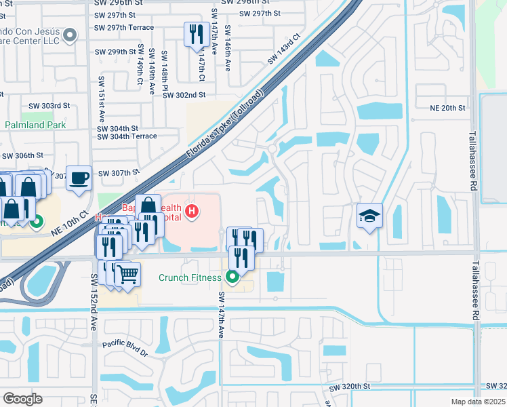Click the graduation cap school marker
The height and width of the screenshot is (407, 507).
[x=369, y=216]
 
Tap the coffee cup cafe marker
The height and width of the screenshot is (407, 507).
[x=79, y=178]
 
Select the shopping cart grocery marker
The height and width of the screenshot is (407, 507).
[x=127, y=275]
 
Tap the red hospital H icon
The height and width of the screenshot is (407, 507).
[x=192, y=212]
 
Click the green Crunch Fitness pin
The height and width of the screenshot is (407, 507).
[x=233, y=277]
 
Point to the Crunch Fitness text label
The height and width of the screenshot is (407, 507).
[x=190, y=277]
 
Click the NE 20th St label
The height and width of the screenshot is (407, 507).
[x=448, y=108]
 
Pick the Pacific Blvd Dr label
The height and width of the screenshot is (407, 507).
[x=125, y=349]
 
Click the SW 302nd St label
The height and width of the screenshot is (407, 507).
[x=184, y=96]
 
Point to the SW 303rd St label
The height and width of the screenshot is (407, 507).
[x=49, y=106]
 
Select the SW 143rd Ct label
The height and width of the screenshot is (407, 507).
[x=283, y=50]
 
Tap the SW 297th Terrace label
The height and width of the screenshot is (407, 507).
[x=125, y=28]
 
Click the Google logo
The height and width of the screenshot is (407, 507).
[x=22, y=399]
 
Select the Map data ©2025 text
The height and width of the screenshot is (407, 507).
[x=478, y=402]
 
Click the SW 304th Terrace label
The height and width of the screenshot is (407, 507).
[x=127, y=136]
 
